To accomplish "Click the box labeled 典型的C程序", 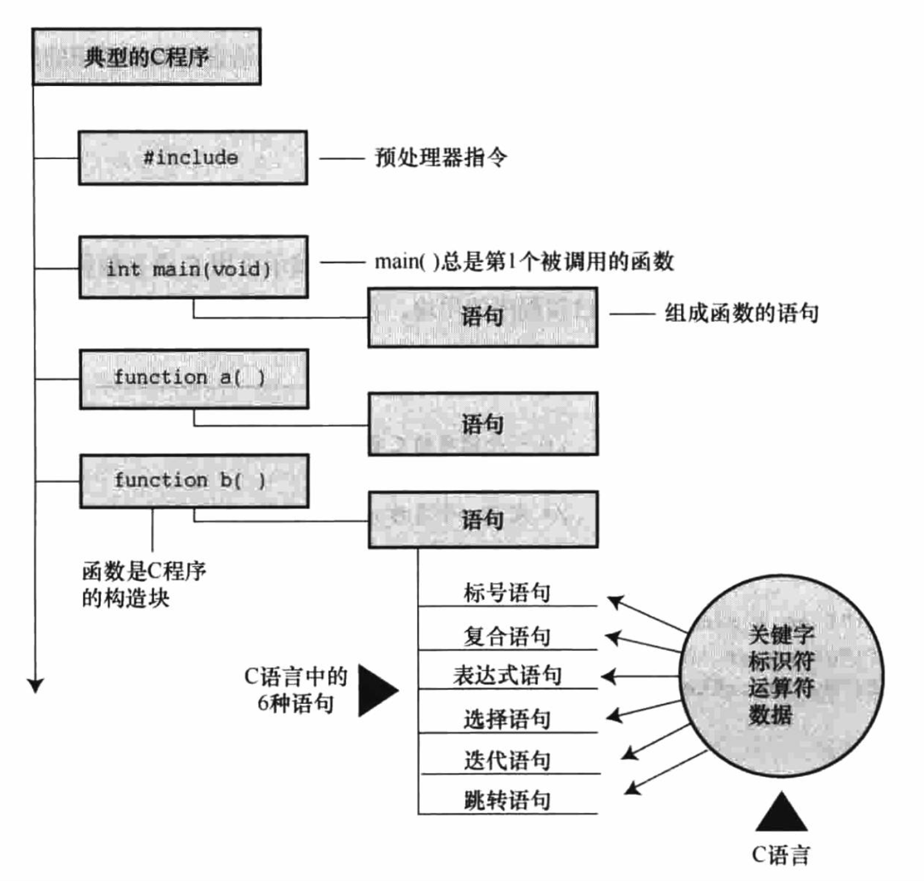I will tap(147, 57).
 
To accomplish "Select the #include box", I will tap(192, 158).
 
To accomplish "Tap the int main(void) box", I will tap(193, 267).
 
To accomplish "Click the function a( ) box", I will tap(193, 379).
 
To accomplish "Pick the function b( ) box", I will tap(193, 481).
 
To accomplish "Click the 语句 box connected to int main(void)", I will tap(483, 317).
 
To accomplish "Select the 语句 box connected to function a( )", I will tap(483, 424).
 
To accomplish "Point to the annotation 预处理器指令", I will tap(441, 157).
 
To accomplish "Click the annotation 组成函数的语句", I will tap(742, 313).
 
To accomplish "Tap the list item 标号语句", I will tap(507, 593).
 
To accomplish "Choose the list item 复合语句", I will tap(507, 636).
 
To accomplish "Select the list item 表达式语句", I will tap(507, 676).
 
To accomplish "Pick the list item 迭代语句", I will tap(507, 761).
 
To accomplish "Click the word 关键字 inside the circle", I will tap(781, 634).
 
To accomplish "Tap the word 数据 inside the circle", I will tap(770, 714).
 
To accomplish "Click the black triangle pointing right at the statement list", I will tap(376, 691).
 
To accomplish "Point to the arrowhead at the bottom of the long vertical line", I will tap(36, 685).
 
